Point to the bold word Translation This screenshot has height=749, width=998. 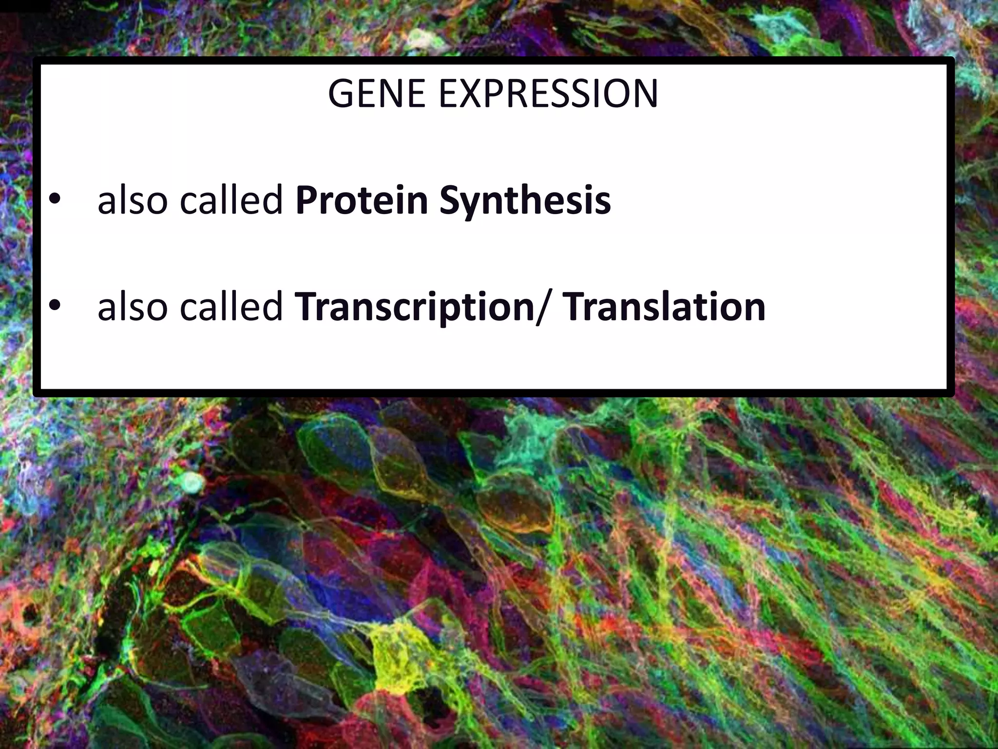point(665,307)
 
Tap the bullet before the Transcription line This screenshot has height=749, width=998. point(55,305)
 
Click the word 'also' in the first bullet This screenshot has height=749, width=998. point(133,201)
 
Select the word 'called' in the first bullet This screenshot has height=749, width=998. point(231,201)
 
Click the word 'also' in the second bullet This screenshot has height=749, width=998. point(133,307)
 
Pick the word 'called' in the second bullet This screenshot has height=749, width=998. point(231,307)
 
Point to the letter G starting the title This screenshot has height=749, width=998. point(341,94)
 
